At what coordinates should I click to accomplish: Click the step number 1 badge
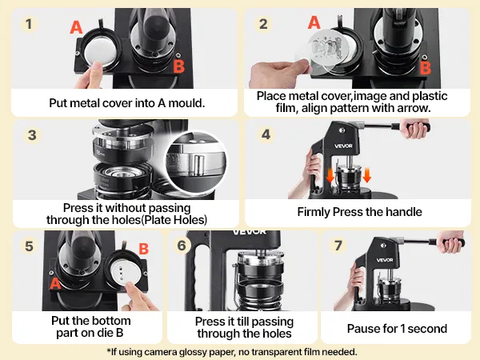tap(29, 24)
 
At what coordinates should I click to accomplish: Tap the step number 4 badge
tap(266, 134)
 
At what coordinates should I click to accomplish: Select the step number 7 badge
tap(338, 246)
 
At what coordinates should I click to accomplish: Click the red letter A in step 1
tap(76, 27)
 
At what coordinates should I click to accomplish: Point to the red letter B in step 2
tap(426, 68)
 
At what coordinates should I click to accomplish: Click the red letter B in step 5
tap(143, 249)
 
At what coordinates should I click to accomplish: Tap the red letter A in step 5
tap(55, 283)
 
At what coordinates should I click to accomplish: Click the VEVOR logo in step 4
tap(343, 146)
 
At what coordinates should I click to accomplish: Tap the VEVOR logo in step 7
tap(385, 260)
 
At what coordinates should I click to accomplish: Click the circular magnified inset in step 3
tap(196, 162)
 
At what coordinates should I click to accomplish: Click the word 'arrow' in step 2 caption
tap(414, 108)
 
